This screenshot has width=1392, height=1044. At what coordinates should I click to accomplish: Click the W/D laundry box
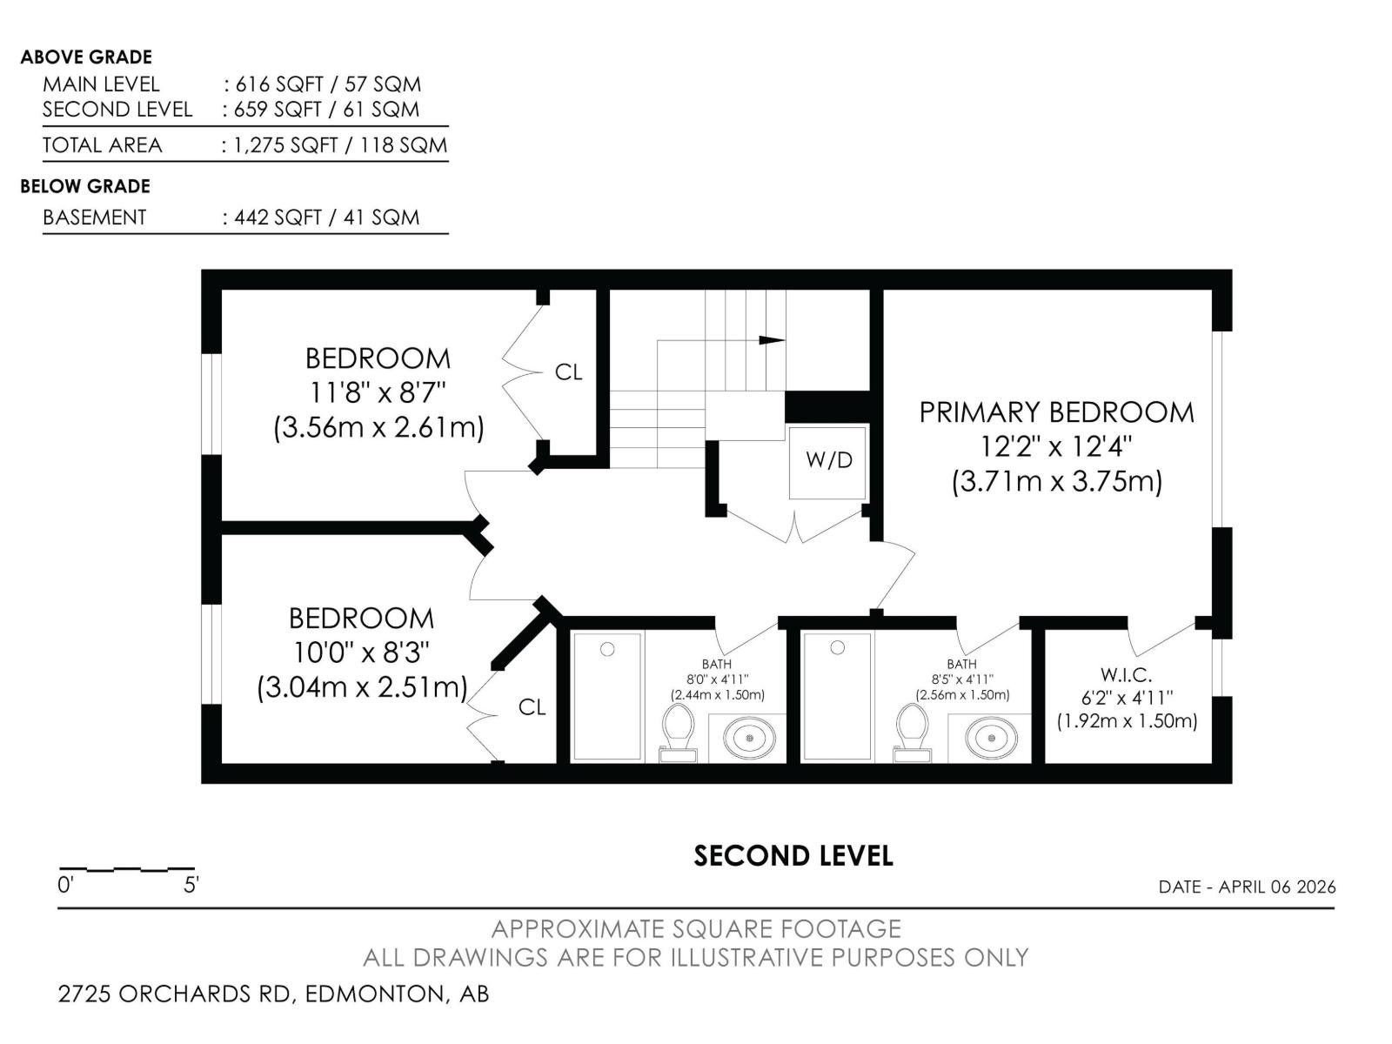[x=827, y=461]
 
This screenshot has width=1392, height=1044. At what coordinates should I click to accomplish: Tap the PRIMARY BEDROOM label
[x=1056, y=412]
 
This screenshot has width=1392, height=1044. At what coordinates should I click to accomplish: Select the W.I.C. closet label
[x=1126, y=674]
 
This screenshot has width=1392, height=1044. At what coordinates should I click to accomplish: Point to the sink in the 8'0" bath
[x=749, y=739]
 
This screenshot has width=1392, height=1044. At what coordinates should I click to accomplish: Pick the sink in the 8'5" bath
[x=991, y=739]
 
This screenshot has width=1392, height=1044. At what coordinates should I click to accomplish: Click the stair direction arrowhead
[x=771, y=340]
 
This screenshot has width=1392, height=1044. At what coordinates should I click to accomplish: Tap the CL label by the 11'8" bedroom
[x=568, y=372]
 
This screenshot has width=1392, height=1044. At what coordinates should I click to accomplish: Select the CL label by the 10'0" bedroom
[x=532, y=707]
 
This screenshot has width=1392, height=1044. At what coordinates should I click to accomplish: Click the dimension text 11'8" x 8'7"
[x=378, y=393]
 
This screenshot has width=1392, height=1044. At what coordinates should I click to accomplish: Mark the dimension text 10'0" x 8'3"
[x=361, y=652]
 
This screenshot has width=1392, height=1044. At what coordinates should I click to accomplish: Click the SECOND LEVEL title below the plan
[x=793, y=856]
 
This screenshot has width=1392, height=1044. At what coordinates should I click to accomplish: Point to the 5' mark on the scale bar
[x=191, y=886]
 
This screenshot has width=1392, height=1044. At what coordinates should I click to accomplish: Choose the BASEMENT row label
[x=95, y=217]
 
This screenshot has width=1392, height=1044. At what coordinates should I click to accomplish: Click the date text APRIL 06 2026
[x=1276, y=887]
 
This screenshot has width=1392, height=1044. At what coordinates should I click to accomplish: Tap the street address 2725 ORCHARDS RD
[x=174, y=994]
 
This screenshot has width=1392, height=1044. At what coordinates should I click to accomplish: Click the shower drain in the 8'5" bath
[x=838, y=648]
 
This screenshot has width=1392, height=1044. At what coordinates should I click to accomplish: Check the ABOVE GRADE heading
[x=86, y=57]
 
